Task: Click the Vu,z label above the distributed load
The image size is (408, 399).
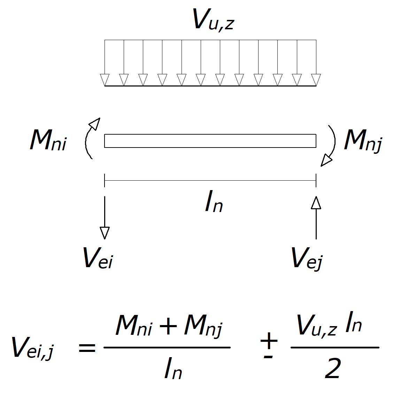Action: [213, 19]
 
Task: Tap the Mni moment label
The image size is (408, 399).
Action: [48, 140]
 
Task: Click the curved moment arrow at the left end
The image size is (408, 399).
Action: [90, 138]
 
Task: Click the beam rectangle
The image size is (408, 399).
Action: [210, 141]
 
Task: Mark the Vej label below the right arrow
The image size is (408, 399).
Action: [307, 258]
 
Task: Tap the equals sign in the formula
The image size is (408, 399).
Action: [87, 348]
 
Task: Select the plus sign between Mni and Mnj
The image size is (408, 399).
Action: [168, 326]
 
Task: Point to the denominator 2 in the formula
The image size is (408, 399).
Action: [332, 369]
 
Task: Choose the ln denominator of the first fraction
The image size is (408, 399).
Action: [173, 370]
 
